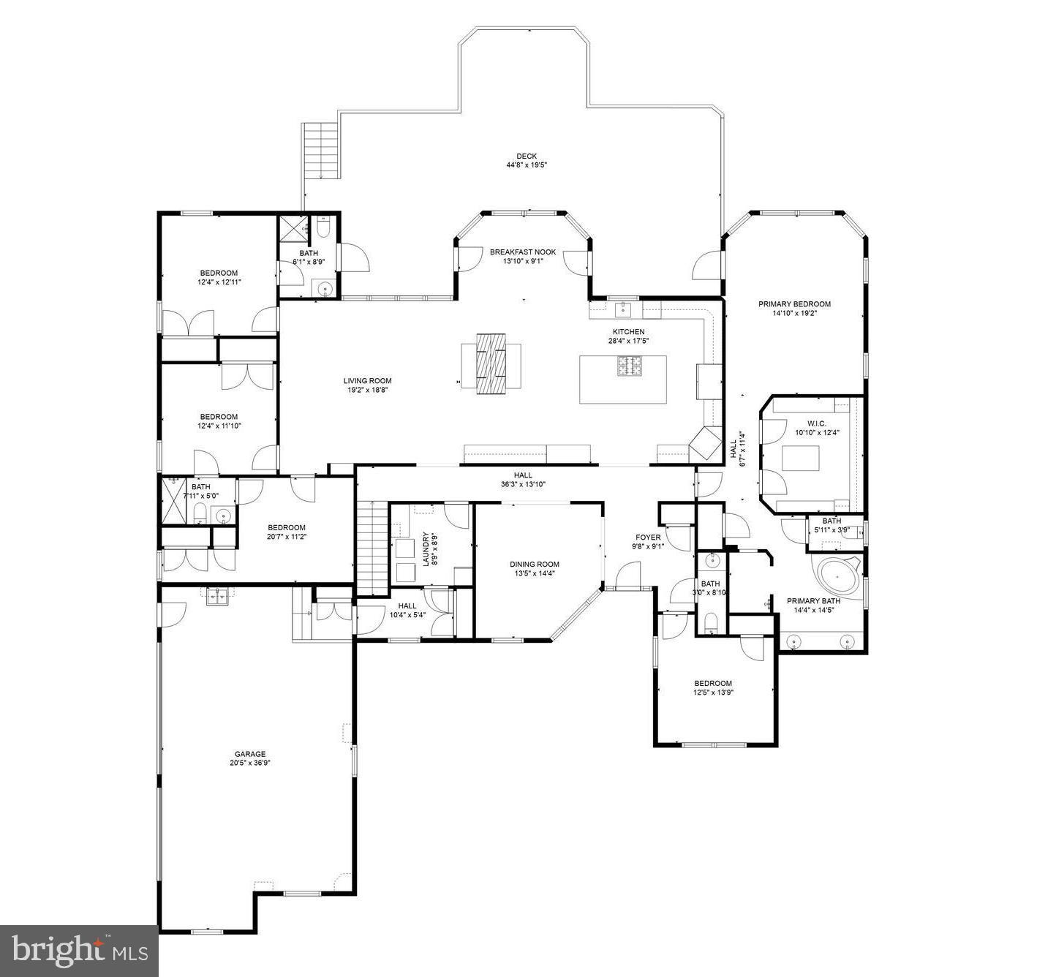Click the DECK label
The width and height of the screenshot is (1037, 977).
click(x=527, y=156)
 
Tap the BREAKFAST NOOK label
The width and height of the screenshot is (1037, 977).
click(x=523, y=252)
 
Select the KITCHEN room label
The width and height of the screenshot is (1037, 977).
click(x=628, y=332)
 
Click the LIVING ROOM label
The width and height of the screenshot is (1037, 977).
click(x=368, y=381)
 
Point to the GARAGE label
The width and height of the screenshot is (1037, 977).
click(x=250, y=754)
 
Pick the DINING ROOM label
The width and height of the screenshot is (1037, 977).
click(x=535, y=565)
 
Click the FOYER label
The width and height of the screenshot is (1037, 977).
click(x=648, y=537)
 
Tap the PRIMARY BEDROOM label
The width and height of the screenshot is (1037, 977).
click(x=794, y=304)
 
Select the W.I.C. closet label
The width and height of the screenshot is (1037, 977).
click(x=817, y=424)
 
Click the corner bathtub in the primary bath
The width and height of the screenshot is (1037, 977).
click(x=838, y=574)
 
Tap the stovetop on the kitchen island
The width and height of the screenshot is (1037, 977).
click(x=630, y=366)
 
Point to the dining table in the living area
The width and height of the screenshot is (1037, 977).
click(x=491, y=363)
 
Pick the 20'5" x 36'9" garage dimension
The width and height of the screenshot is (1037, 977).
click(x=250, y=763)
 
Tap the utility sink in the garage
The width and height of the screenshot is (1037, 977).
click(x=216, y=597)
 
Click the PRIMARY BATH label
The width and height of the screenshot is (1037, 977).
click(x=813, y=601)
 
